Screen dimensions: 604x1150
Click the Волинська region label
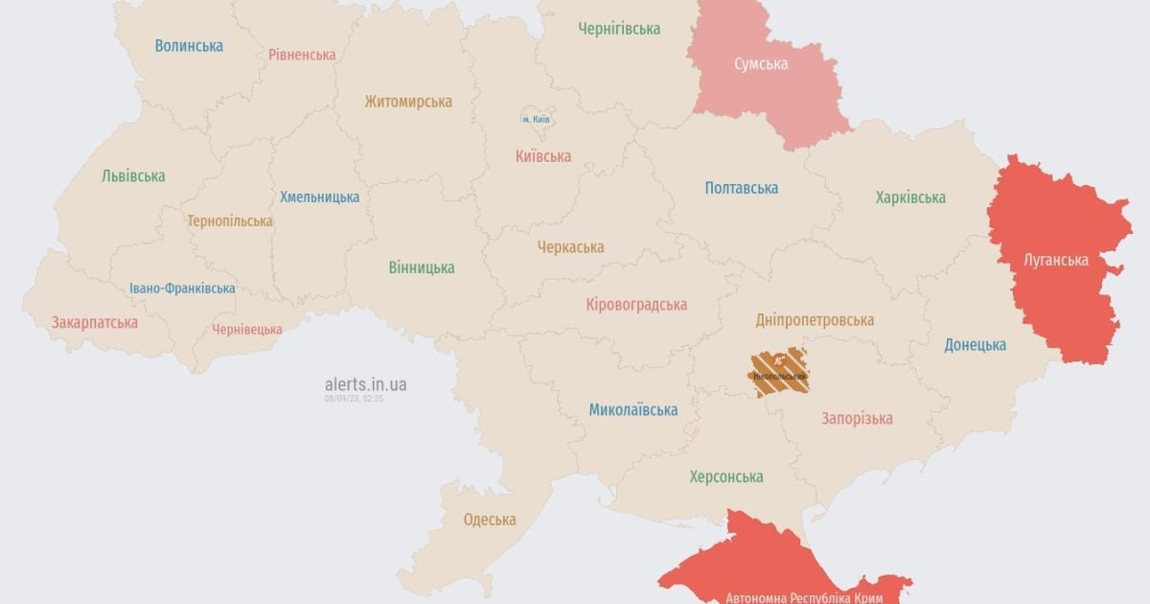[189, 45]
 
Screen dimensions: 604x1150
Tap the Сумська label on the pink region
[761, 64]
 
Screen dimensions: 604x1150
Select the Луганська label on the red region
[1056, 260]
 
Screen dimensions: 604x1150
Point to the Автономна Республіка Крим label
[804, 596]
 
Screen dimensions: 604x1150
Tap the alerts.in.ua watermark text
[365, 383]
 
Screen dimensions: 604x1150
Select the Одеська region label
[490, 520]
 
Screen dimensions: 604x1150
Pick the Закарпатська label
[95, 322]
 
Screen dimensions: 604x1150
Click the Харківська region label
[910, 197]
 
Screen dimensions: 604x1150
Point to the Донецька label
[975, 344]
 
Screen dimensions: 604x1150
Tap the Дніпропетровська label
[815, 320]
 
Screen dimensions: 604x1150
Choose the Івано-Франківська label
[182, 289]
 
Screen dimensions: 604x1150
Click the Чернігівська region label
[619, 29]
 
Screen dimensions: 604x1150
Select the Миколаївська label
[632, 410]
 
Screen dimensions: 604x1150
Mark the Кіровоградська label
[636, 305]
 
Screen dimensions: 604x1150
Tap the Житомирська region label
[408, 101]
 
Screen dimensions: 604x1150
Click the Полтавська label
[741, 188]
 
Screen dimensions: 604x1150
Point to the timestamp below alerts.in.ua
[354, 398]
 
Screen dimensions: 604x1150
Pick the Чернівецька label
[247, 329]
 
